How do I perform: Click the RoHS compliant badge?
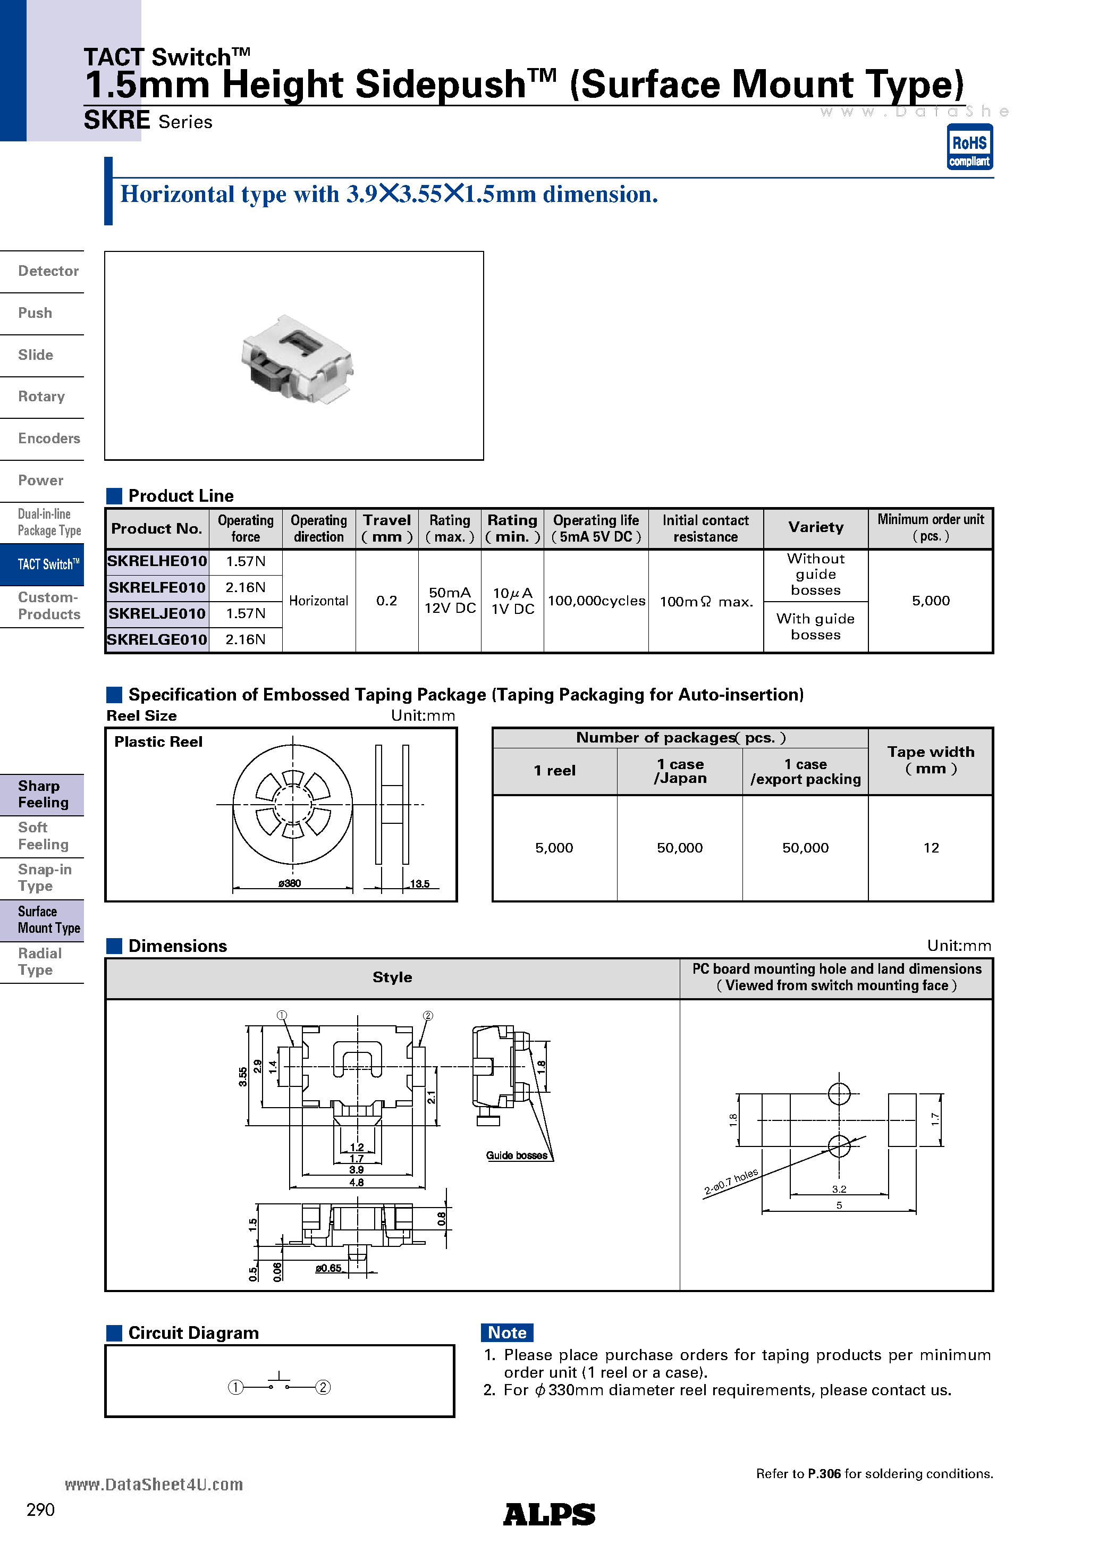pyautogui.click(x=969, y=147)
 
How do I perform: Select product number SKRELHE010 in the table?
pyautogui.click(x=157, y=561)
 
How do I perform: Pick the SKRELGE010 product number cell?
pyautogui.click(x=157, y=639)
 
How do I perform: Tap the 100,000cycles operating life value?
pyautogui.click(x=596, y=601)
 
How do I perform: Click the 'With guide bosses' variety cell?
pyautogui.click(x=815, y=627)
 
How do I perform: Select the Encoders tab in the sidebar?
pyautogui.click(x=49, y=438)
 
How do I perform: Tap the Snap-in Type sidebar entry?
pyautogui.click(x=45, y=878)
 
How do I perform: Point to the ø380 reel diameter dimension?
pyautogui.click(x=289, y=883)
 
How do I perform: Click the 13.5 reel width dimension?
pyautogui.click(x=419, y=884)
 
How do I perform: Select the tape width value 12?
pyautogui.click(x=931, y=848)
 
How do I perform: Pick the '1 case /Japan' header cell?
pyautogui.click(x=680, y=771)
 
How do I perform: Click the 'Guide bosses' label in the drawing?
pyautogui.click(x=517, y=1155)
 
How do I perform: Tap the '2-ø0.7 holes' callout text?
pyautogui.click(x=731, y=1182)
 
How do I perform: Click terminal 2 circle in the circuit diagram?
pyautogui.click(x=323, y=1387)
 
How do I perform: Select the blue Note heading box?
pyautogui.click(x=506, y=1332)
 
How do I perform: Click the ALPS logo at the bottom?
pyautogui.click(x=549, y=1514)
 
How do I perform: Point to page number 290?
pyautogui.click(x=40, y=1509)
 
